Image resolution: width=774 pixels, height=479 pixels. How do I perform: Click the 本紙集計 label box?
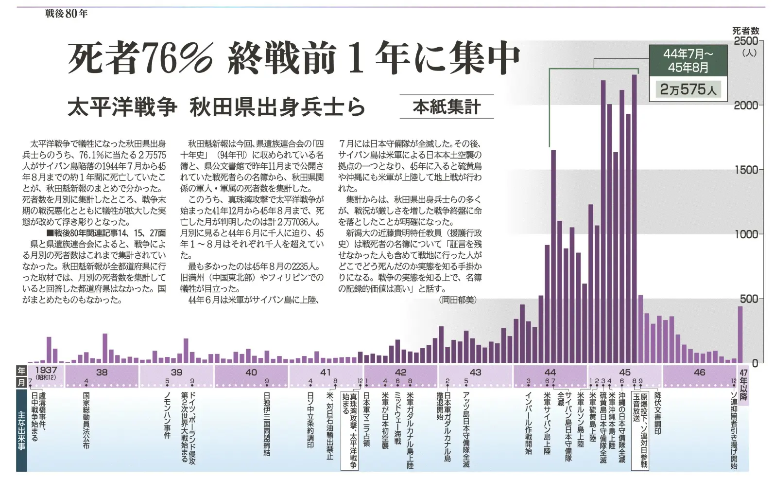point(447,106)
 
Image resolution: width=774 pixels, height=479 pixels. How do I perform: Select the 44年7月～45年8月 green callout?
point(688,60)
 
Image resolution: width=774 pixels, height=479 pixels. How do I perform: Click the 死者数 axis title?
point(745,30)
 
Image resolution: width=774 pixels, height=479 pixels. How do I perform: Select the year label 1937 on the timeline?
point(46,371)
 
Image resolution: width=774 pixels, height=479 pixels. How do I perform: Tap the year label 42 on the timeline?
point(400,373)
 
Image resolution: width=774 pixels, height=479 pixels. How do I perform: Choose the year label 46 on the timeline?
point(699,373)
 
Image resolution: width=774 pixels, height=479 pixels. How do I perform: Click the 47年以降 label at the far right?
point(743,384)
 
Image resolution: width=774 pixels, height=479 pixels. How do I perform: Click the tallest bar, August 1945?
point(634,219)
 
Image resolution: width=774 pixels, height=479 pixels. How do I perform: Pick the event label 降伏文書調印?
point(658,413)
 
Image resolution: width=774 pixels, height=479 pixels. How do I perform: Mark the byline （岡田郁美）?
point(458,300)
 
